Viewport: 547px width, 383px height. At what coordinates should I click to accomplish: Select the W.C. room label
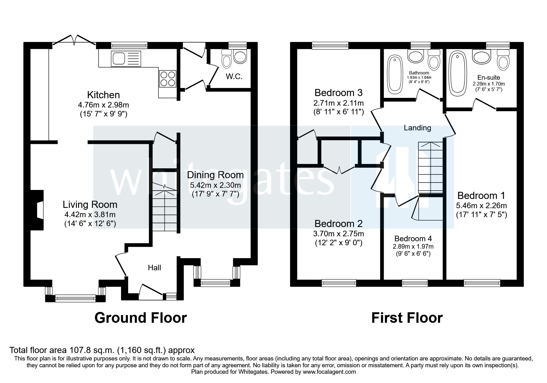(x=234, y=76)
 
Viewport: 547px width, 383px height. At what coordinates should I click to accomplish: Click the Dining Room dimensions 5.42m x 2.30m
(x=215, y=185)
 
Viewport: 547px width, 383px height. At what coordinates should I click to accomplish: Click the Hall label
(x=154, y=267)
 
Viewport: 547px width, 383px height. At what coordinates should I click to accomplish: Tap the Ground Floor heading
(x=141, y=318)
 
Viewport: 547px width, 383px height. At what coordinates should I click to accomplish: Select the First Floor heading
(x=407, y=318)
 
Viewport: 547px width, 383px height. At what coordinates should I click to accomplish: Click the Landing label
(x=417, y=128)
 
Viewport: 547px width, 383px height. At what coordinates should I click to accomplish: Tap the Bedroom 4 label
(x=413, y=238)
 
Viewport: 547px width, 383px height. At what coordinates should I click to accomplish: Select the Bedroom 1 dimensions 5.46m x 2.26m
(x=481, y=205)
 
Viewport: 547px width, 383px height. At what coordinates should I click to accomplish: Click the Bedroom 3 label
(x=338, y=93)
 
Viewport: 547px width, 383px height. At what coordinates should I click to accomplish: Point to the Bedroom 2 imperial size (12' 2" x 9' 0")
(x=338, y=243)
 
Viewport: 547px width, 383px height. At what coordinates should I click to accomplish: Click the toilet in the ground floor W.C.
(x=227, y=59)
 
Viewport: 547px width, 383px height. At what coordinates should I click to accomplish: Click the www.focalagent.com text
(x=329, y=372)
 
